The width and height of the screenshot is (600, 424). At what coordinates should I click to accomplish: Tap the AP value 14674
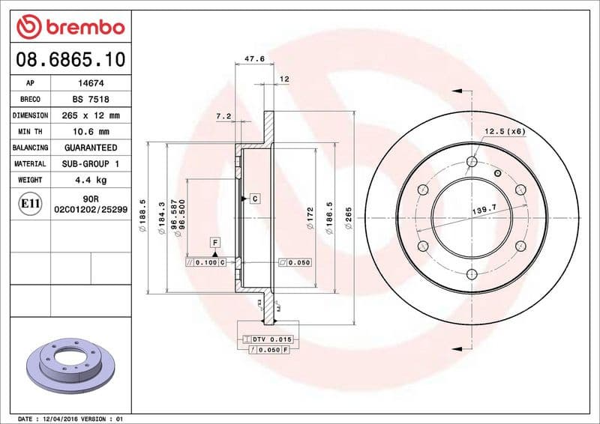pos(91,83)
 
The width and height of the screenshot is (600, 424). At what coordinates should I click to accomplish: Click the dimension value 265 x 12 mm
pos(91,116)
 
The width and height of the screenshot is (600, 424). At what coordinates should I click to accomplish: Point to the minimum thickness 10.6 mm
pos(91,132)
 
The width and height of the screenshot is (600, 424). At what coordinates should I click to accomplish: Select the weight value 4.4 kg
pos(91,180)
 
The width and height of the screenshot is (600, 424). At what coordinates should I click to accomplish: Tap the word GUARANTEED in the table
pos(91,148)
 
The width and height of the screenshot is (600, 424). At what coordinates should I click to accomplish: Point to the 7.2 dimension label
pos(223,116)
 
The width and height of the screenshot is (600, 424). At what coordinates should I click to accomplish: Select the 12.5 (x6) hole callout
pos(504,132)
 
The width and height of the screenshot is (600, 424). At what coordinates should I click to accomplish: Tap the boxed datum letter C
pos(255,199)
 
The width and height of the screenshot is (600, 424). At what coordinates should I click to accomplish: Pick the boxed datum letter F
pos(214,243)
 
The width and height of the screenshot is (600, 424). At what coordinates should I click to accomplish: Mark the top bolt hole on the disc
pos(472,161)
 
